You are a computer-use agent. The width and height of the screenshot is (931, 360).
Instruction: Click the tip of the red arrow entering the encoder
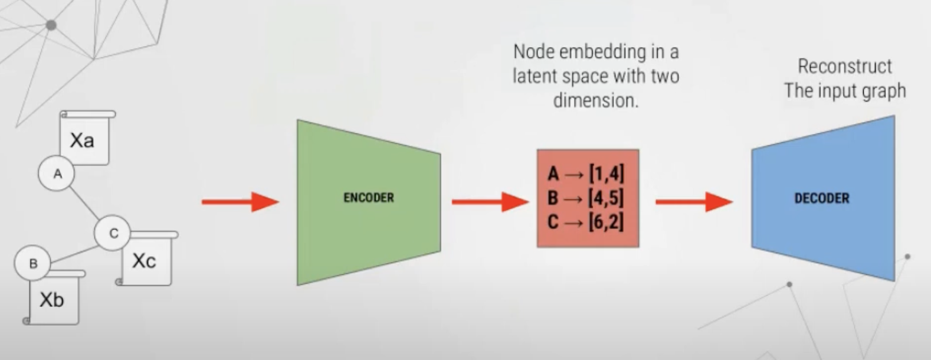(279, 202)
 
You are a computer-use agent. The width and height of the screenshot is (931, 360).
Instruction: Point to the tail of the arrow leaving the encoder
(452, 202)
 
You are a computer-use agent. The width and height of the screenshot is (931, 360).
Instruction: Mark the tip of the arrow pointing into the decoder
(733, 202)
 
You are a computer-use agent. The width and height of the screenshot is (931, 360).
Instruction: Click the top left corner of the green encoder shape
(297, 120)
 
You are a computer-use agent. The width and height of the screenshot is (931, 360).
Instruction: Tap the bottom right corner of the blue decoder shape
(894, 281)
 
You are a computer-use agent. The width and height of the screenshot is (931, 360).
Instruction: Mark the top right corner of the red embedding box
(639, 150)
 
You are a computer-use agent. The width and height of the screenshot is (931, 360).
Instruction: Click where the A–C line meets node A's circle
(70, 188)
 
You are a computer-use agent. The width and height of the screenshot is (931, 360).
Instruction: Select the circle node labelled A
(57, 174)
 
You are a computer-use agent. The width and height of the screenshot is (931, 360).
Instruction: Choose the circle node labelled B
(32, 263)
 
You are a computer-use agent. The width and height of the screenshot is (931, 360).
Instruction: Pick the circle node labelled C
(112, 233)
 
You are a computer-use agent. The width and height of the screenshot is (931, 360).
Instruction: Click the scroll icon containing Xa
(87, 137)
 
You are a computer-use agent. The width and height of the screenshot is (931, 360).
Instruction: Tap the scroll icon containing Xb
(54, 297)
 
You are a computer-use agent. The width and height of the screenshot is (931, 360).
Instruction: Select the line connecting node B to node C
(74, 254)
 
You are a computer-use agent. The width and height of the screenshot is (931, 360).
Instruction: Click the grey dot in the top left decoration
(51, 25)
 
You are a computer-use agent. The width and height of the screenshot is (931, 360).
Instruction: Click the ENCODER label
(369, 198)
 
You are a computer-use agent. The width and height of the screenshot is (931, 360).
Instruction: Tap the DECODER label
(822, 198)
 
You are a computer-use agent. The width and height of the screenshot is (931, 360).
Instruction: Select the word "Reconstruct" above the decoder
(844, 67)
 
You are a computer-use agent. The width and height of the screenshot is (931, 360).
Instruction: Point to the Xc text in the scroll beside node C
(144, 261)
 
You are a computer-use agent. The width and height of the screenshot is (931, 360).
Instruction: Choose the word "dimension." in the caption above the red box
(595, 100)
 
